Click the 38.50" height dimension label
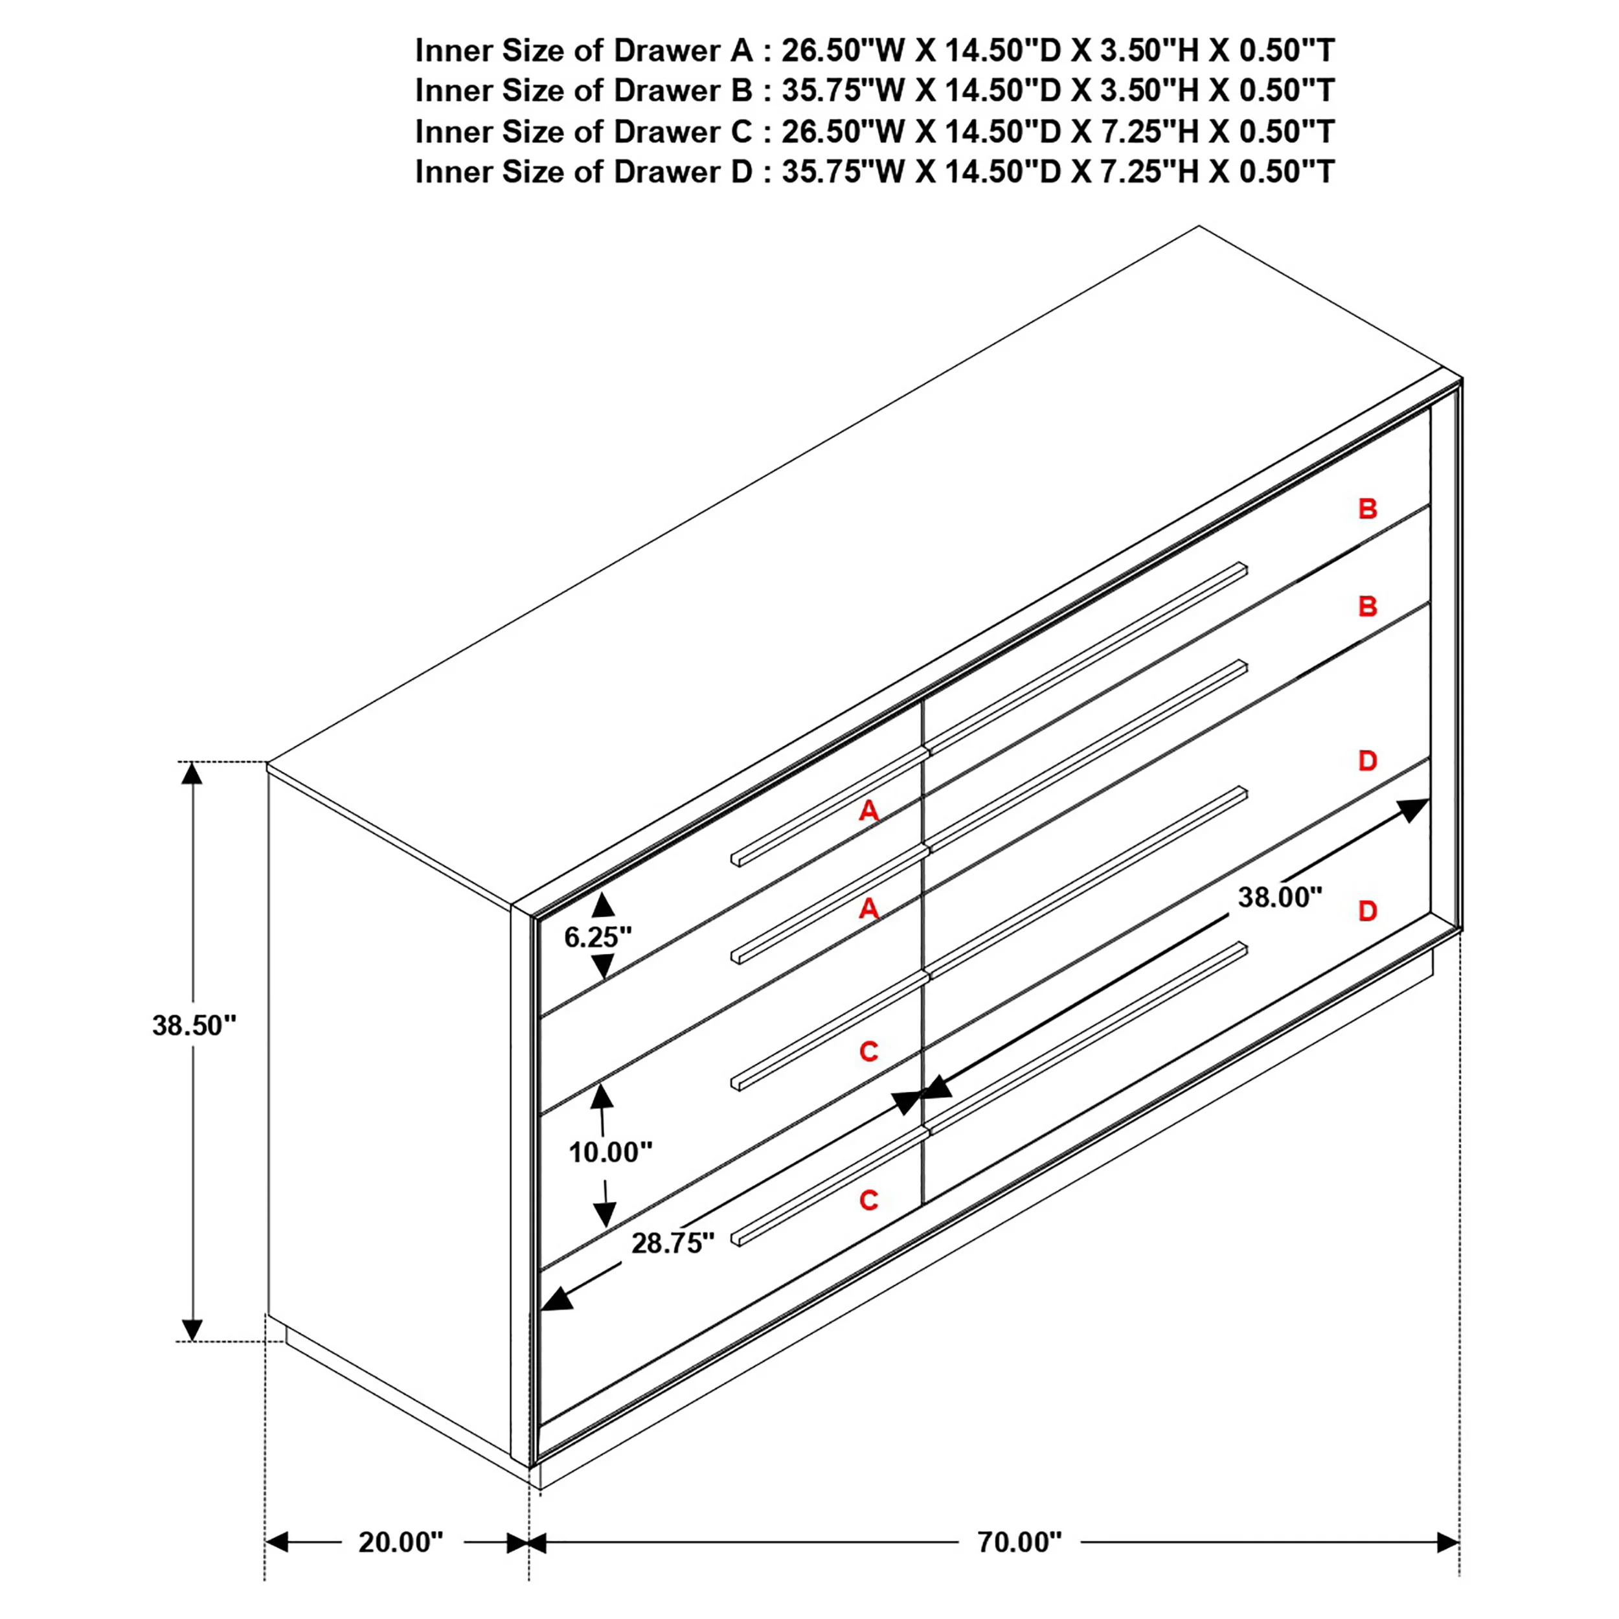194,1025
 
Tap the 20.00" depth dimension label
401,1542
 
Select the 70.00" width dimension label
1019,1542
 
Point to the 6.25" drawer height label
598,937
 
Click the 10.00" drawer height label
610,1152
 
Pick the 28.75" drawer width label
673,1243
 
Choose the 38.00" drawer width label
1280,898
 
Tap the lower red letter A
869,909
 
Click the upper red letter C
869,1051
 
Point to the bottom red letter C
869,1200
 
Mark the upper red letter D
1368,761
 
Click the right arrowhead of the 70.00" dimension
1448,1542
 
